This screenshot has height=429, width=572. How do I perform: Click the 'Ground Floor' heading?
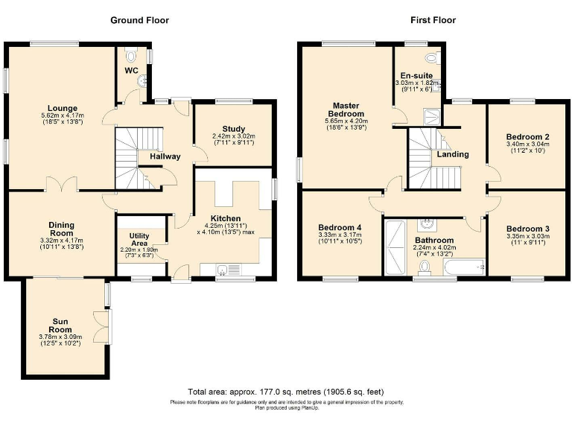139,20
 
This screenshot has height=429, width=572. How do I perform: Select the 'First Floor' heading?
432,20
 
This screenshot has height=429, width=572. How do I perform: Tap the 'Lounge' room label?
62,108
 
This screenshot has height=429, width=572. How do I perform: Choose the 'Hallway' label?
165,156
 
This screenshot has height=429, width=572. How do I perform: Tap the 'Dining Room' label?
62,228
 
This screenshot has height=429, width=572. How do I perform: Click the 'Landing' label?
453,155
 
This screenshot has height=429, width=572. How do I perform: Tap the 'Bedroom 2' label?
527,137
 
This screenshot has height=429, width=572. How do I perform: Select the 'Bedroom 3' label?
527,229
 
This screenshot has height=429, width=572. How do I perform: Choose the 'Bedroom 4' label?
339,228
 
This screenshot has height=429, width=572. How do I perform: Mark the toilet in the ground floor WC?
133,55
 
